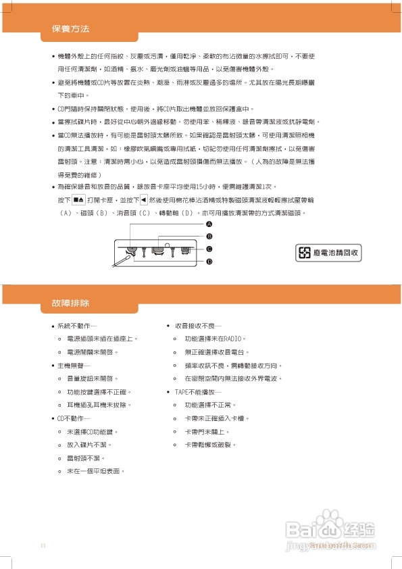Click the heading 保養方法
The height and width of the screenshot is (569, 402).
[70, 30]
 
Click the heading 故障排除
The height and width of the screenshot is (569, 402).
[70, 303]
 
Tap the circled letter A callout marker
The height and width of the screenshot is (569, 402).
[209, 224]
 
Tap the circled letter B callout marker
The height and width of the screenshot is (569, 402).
[209, 236]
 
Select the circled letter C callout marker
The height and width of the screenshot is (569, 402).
[209, 249]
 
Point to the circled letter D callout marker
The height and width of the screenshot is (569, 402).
[209, 261]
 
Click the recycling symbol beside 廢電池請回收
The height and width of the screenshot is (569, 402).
[306, 253]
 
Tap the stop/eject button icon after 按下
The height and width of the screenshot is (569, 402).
[78, 200]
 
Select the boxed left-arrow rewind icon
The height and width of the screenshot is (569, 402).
[143, 200]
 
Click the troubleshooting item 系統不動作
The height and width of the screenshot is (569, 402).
[78, 326]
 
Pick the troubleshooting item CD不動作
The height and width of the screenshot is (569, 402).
[74, 418]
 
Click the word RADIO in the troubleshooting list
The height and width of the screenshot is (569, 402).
[233, 339]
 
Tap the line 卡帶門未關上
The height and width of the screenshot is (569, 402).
[207, 431]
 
